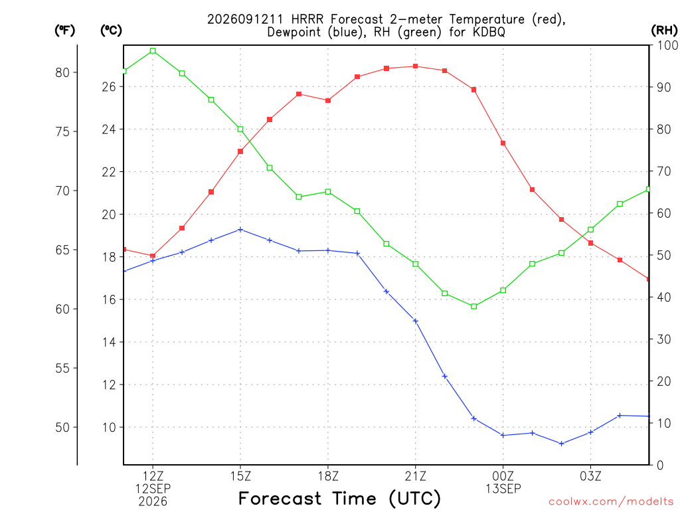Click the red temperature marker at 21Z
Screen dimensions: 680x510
(416, 66)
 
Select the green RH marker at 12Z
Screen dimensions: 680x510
(153, 50)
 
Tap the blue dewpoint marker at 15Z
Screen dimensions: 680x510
(240, 229)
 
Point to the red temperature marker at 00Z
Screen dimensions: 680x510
(503, 143)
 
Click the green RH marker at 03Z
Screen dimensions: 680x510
(590, 229)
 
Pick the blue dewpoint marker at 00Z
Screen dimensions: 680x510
(503, 435)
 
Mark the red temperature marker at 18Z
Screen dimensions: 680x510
(328, 101)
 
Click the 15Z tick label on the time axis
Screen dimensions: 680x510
(240, 476)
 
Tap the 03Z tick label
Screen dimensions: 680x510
(590, 476)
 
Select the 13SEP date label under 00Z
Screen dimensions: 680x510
(503, 489)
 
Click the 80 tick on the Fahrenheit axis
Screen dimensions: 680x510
(62, 72)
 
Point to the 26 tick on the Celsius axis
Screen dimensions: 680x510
(109, 87)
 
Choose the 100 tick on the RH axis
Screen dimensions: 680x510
(668, 45)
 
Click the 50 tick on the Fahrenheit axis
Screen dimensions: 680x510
(62, 427)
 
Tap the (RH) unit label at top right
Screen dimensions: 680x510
(664, 31)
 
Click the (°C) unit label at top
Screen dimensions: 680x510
(111, 31)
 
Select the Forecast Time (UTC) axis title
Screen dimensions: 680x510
(339, 499)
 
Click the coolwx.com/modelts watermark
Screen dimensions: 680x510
(611, 502)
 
